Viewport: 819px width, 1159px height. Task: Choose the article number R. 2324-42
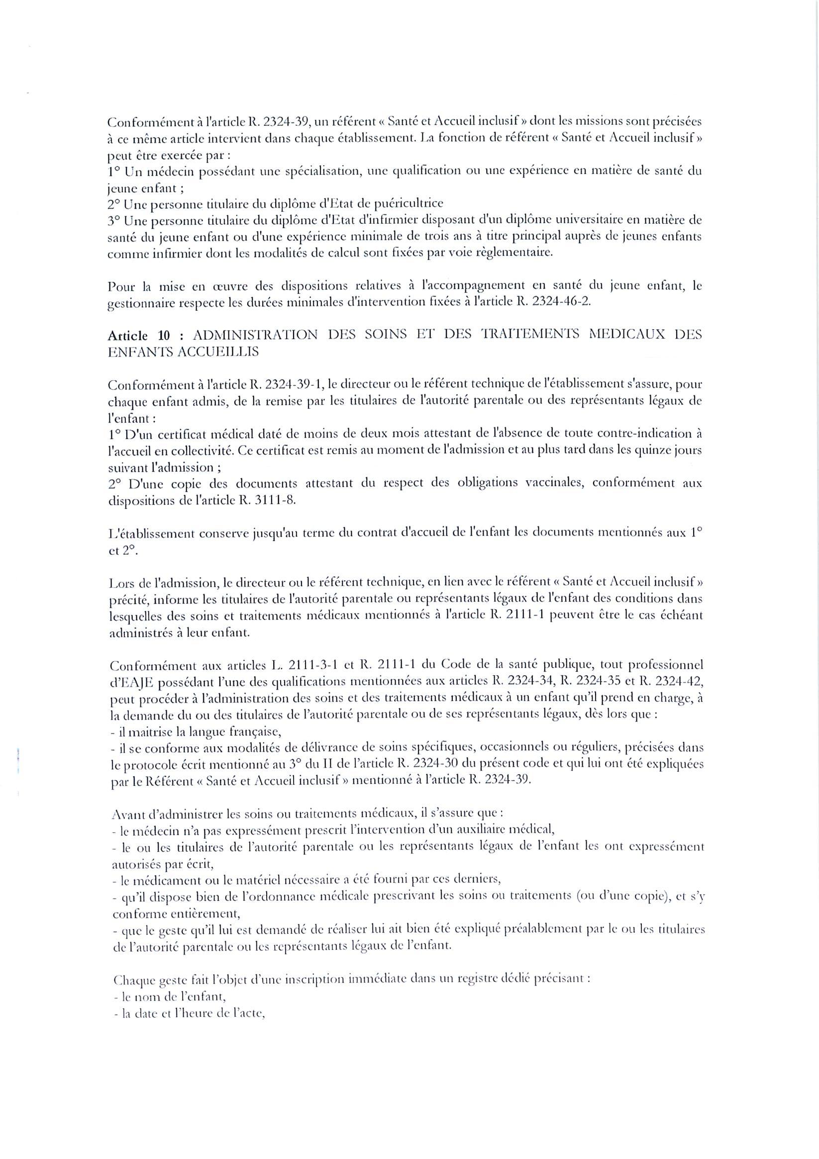coord(670,683)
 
